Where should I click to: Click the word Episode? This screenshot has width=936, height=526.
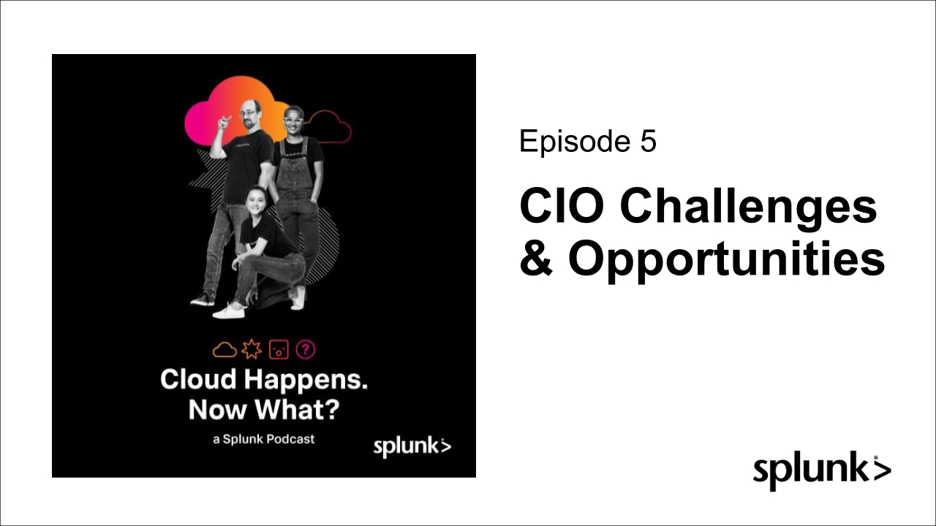(x=575, y=142)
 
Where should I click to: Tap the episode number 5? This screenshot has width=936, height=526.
(x=648, y=141)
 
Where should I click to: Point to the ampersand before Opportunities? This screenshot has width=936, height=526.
(x=536, y=258)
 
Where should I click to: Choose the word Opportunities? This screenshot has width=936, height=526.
(x=726, y=261)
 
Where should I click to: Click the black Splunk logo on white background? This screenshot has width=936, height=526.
(x=822, y=471)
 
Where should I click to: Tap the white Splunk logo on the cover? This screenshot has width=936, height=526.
(x=412, y=447)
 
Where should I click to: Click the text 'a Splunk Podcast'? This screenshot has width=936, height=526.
(x=264, y=439)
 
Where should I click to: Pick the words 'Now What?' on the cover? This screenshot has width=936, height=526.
(x=264, y=410)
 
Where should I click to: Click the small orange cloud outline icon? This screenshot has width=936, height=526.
(x=224, y=350)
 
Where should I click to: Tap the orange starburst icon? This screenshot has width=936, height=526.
(x=252, y=349)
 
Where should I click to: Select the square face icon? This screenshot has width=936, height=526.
(x=279, y=349)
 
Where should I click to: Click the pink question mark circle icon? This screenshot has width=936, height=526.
(x=306, y=349)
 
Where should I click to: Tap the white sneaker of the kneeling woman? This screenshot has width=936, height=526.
(x=229, y=311)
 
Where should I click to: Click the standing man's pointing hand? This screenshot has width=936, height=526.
(x=224, y=122)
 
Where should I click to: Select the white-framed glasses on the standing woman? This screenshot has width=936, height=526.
(x=293, y=121)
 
